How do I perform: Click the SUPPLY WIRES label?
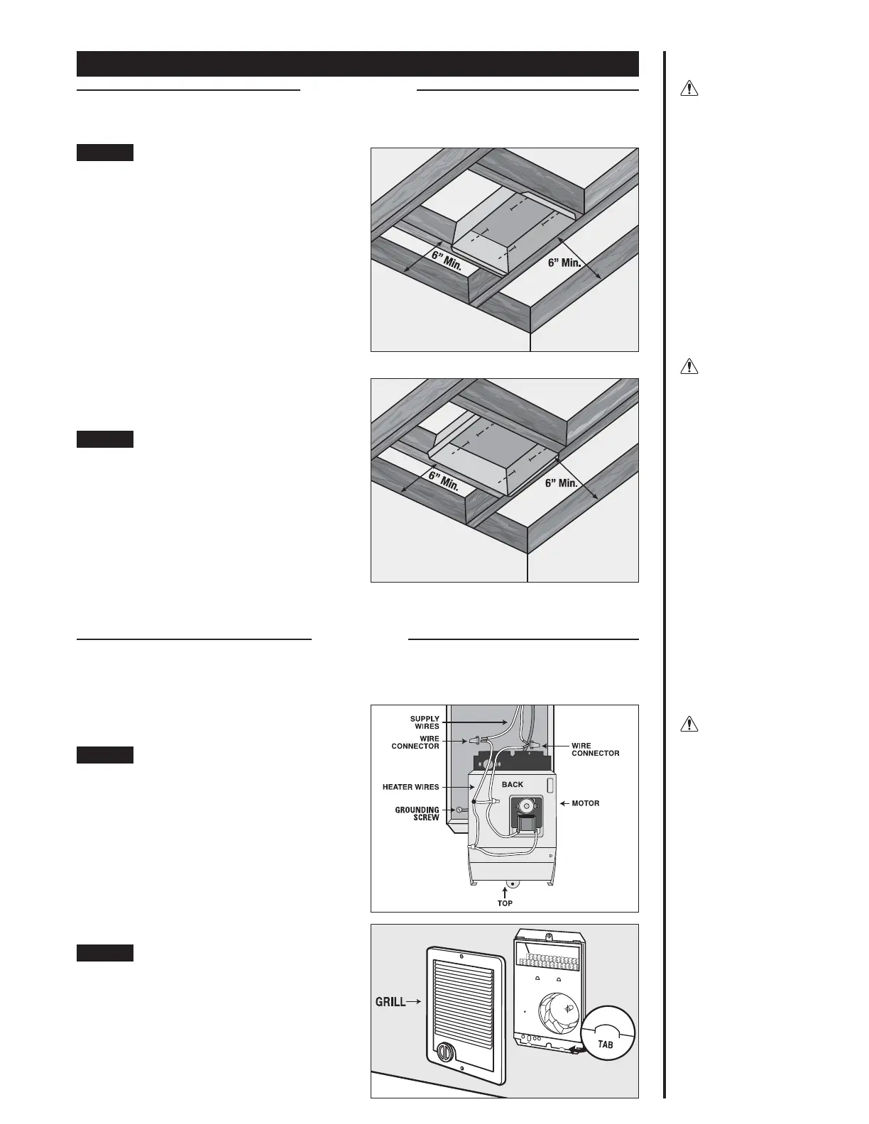pyautogui.click(x=425, y=722)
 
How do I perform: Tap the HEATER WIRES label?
pyautogui.click(x=410, y=786)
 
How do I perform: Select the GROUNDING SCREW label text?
pyautogui.click(x=417, y=813)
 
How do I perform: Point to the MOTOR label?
pyautogui.click(x=585, y=803)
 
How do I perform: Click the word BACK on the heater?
pyautogui.click(x=512, y=784)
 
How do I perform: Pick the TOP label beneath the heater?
pyautogui.click(x=505, y=903)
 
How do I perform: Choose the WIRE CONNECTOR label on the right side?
pyautogui.click(x=595, y=749)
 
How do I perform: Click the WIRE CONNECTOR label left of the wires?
pyautogui.click(x=415, y=742)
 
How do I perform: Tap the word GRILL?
pyautogui.click(x=390, y=1002)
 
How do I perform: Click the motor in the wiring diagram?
pyautogui.click(x=527, y=809)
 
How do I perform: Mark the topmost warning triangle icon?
pyautogui.click(x=689, y=89)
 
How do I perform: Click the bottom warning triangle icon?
pyautogui.click(x=689, y=724)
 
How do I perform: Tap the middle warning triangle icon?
pyautogui.click(x=689, y=367)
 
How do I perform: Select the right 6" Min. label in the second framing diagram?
pyautogui.click(x=561, y=483)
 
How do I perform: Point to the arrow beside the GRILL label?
pyautogui.click(x=415, y=1002)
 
